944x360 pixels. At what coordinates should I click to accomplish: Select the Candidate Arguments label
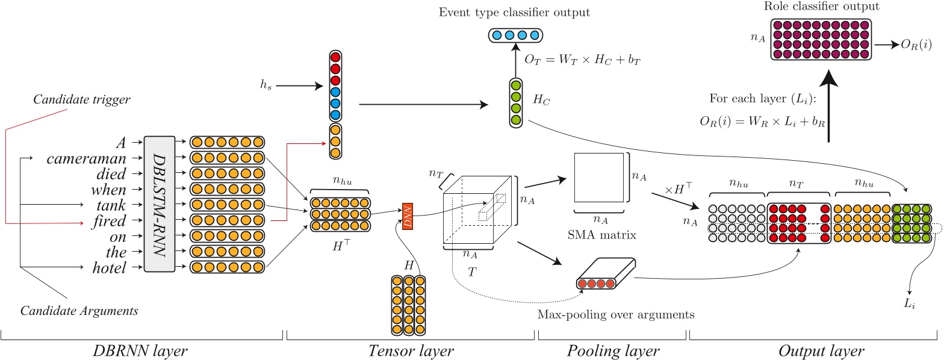click(x=79, y=311)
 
